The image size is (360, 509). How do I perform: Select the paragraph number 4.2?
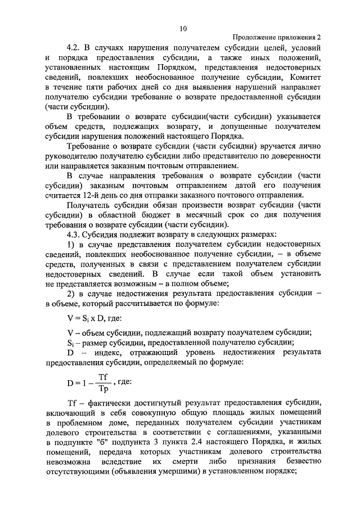(x=73, y=48)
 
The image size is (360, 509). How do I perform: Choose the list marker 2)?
(x=71, y=293)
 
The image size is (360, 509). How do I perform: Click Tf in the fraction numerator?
(x=102, y=376)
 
